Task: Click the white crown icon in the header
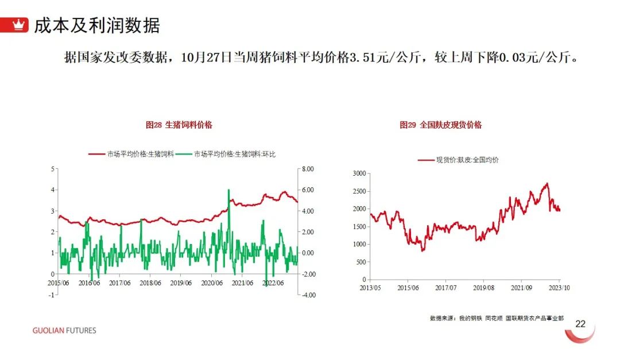[18, 25]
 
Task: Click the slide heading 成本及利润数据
[97, 25]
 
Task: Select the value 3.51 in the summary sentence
[363, 57]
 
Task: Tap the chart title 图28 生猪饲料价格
[179, 125]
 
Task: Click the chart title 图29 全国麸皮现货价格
[440, 125]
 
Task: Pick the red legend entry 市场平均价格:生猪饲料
[131, 154]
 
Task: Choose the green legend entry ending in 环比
[226, 154]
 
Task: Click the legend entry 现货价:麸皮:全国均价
[458, 160]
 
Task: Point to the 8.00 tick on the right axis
[308, 169]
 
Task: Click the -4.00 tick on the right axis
[308, 295]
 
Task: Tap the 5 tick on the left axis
[53, 169]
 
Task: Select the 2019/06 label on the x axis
[181, 283]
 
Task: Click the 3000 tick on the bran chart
[359, 173]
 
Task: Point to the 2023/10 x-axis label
[559, 288]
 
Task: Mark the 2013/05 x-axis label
[370, 288]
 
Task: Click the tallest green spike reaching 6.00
[228, 190]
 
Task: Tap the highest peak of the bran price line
[547, 184]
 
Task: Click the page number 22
[580, 324]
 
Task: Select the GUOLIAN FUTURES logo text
[64, 331]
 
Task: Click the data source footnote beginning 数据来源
[497, 318]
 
